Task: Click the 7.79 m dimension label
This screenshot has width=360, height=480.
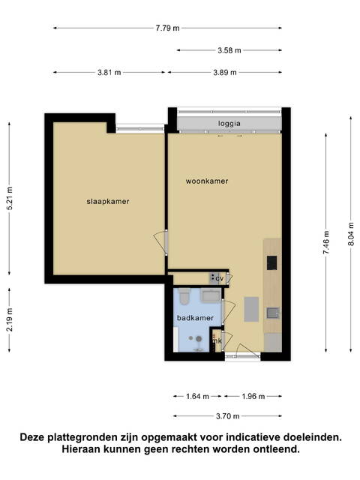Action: pos(167,28)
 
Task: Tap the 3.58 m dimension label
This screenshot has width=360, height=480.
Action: pos(229,50)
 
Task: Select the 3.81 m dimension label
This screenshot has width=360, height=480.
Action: pos(109,73)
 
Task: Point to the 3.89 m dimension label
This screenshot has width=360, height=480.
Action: pos(225,73)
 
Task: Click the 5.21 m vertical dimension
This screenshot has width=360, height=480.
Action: pos(10,198)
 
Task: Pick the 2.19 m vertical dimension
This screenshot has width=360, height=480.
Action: pos(10,319)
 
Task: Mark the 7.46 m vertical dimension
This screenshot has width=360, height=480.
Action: pos(326,242)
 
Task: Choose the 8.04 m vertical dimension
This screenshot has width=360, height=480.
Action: pos(351,234)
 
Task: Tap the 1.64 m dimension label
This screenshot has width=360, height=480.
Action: pos(197,397)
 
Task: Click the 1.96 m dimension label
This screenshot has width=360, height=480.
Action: pos(253,397)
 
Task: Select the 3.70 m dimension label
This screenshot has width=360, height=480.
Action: pos(227,416)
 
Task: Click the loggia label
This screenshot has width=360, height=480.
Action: pos(229,124)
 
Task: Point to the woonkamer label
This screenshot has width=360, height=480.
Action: pos(207,181)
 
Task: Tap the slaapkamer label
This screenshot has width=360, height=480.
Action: pos(108,202)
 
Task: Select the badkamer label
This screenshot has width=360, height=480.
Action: pos(195,318)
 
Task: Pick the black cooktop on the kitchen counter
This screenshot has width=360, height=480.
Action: pos(271,263)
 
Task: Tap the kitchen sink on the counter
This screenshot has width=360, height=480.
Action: pos(272,313)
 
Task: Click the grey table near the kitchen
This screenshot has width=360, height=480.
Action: pos(251,309)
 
